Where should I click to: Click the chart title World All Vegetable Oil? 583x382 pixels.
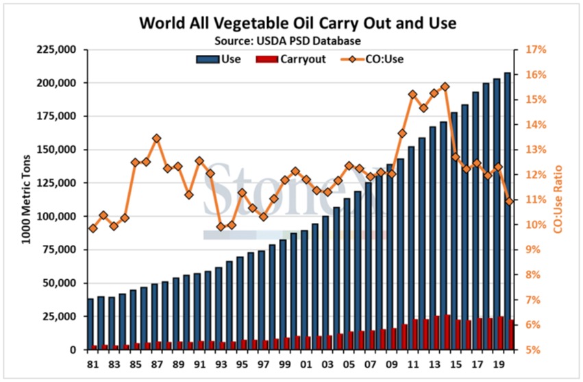[x=297, y=23]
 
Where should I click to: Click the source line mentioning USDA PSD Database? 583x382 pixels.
[x=297, y=40]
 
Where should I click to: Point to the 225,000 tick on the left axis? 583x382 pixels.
[x=61, y=50]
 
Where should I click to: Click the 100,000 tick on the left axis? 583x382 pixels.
[x=61, y=217]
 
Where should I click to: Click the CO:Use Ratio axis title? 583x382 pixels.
[x=558, y=199]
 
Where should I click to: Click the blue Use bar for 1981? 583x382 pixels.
[x=90, y=324]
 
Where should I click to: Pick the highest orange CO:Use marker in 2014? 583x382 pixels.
[x=445, y=86]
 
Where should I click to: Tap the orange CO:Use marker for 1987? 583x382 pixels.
[x=156, y=138]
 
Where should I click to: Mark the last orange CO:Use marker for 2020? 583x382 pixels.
[x=509, y=201]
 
